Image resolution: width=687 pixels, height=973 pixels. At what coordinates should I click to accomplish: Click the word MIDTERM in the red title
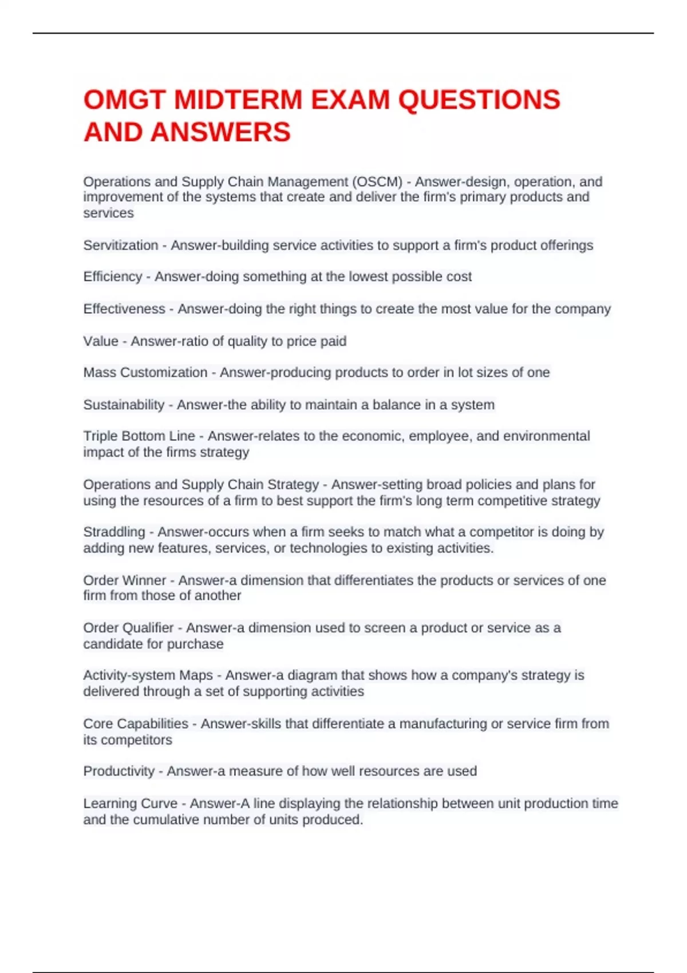(x=238, y=100)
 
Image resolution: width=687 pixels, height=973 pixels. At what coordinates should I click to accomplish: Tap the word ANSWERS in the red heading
(x=221, y=132)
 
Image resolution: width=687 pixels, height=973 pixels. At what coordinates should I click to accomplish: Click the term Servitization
(x=120, y=246)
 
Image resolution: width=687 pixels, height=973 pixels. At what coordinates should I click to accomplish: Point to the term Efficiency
(x=112, y=277)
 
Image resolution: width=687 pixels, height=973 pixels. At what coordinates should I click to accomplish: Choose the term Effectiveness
(x=124, y=309)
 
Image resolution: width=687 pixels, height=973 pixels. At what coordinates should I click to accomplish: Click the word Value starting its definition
(x=100, y=341)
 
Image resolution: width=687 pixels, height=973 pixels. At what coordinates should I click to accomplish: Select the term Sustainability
(x=123, y=405)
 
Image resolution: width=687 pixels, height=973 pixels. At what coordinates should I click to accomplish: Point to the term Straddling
(x=114, y=532)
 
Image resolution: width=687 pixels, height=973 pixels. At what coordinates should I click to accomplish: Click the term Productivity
(x=119, y=771)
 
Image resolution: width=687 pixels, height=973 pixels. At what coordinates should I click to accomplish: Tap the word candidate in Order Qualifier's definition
(x=112, y=644)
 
